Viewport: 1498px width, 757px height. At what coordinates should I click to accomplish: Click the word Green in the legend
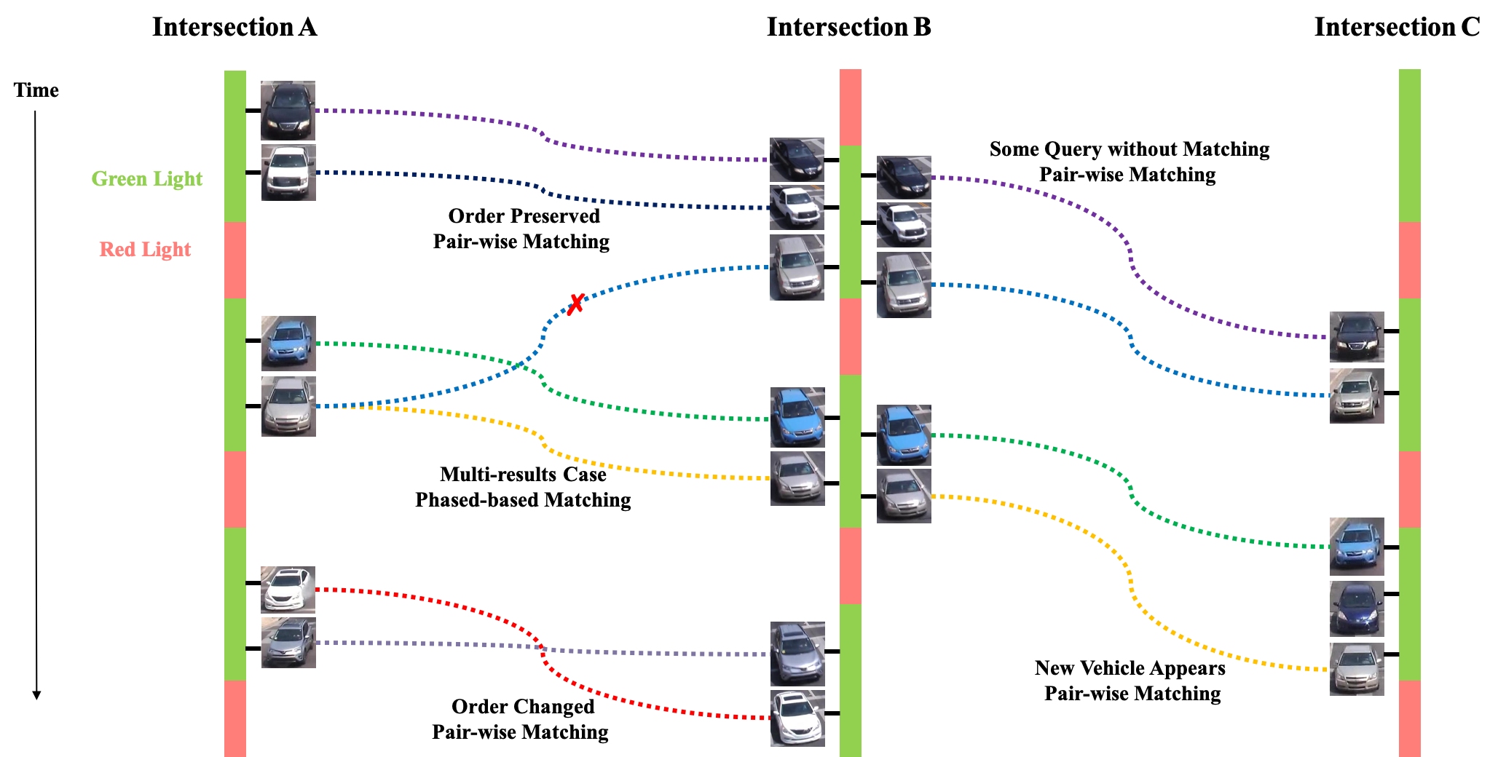119,178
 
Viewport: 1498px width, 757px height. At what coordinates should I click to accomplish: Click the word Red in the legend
117,249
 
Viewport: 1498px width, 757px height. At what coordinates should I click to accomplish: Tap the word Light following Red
166,249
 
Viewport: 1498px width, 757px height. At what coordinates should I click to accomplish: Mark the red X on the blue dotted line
575,304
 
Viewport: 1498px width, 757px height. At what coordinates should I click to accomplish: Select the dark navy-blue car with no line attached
1357,609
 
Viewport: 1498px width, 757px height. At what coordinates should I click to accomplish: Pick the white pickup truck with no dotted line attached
904,225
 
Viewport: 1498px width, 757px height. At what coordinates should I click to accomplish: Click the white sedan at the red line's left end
288,590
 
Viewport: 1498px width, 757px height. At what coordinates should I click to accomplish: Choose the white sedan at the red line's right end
797,718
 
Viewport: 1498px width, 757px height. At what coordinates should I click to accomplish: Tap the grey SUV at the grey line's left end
288,643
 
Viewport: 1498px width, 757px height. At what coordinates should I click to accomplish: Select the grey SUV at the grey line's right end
797,654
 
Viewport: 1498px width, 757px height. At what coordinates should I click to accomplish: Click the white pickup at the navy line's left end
288,173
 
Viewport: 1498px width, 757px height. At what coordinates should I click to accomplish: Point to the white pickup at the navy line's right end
797,207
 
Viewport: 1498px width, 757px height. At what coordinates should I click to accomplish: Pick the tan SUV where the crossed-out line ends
797,268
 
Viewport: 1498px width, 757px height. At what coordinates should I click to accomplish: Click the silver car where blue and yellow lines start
288,407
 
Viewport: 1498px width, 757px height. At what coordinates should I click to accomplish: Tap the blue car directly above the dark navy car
1357,547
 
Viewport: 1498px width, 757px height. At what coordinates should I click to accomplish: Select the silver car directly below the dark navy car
1357,669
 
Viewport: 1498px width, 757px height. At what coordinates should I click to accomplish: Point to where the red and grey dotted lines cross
540,647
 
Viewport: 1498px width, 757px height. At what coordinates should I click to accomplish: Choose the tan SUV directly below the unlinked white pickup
904,285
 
